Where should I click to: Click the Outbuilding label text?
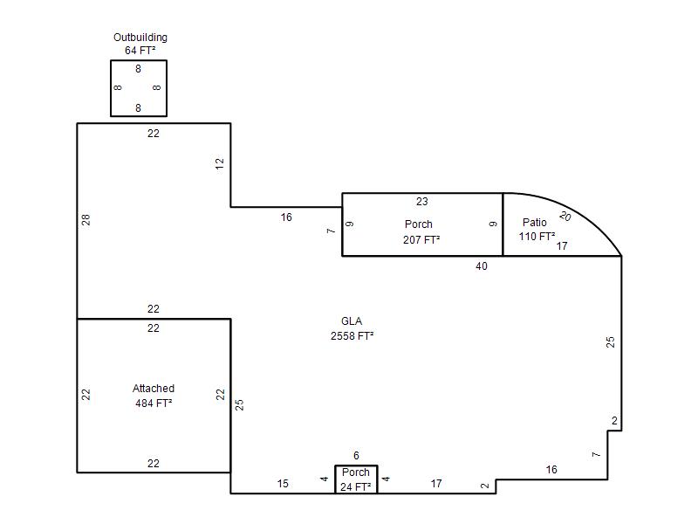pyautogui.click(x=140, y=38)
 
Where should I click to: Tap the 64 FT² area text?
pyautogui.click(x=140, y=51)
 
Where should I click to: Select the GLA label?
pyautogui.click(x=352, y=321)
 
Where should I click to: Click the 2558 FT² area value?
pyautogui.click(x=352, y=335)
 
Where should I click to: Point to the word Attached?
pyautogui.click(x=154, y=389)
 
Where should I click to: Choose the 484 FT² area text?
pyautogui.click(x=154, y=403)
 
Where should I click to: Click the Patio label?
pyautogui.click(x=535, y=223)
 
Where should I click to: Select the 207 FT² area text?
pyautogui.click(x=421, y=239)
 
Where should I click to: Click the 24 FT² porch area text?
pyautogui.click(x=356, y=486)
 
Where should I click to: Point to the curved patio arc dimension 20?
pyautogui.click(x=565, y=216)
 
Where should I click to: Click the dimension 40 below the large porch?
pyautogui.click(x=482, y=266)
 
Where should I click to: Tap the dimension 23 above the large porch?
pyautogui.click(x=422, y=202)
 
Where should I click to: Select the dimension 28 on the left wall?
pyautogui.click(x=86, y=220)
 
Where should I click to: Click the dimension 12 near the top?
pyautogui.click(x=221, y=163)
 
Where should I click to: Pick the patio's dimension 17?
pyautogui.click(x=562, y=246)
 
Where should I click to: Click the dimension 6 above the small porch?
pyautogui.click(x=356, y=456)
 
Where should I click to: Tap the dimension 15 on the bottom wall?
pyautogui.click(x=283, y=484)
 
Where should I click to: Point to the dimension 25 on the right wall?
pyautogui.click(x=612, y=342)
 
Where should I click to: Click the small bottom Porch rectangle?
pyautogui.click(x=356, y=479)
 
